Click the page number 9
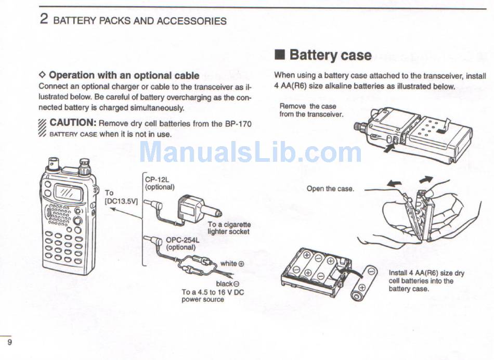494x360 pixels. pos(10,342)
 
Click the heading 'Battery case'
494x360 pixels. pos(330,55)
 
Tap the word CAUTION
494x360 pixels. pos(72,123)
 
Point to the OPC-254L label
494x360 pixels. pos(180,240)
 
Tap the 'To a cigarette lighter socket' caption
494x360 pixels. pos(229,228)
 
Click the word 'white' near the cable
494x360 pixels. pos(228,264)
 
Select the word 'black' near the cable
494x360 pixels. pos(224,284)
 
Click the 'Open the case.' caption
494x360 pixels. pos(330,189)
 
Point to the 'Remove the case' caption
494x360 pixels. pos(308,106)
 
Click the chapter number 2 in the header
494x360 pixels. pos(44,20)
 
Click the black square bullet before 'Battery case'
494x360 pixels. pos(280,55)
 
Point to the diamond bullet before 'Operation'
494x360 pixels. pos(43,75)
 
